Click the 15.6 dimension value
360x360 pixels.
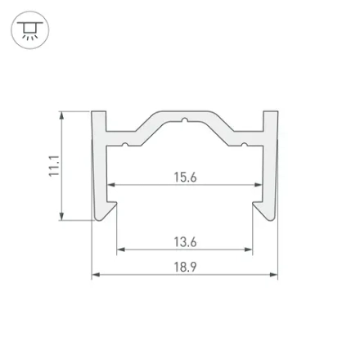coord(185,178)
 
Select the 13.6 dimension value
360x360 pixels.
coord(185,242)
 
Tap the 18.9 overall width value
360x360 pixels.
coord(185,267)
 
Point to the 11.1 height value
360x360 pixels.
coord(54,166)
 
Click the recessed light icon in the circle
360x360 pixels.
coord(30,30)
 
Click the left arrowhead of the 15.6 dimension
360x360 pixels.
coord(110,185)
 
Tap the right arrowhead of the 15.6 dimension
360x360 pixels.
coord(259,185)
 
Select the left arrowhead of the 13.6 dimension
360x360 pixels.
coord(121,250)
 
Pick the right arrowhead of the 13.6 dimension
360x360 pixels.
coord(249,250)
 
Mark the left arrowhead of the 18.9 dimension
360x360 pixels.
coord(96,274)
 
